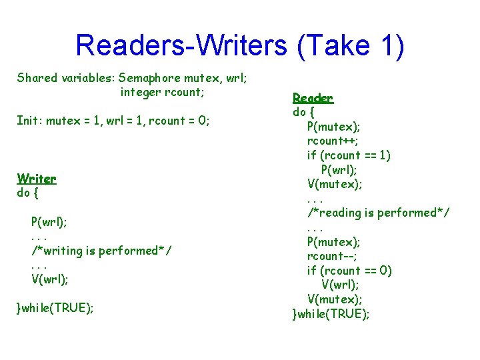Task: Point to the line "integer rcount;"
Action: (162, 92)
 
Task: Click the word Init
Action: (29, 121)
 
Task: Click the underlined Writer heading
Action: (37, 179)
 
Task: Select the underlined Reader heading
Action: (313, 98)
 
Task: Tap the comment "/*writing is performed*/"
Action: (101, 251)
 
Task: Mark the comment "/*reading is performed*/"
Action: (378, 213)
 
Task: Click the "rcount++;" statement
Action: (333, 141)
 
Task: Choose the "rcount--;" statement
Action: (331, 256)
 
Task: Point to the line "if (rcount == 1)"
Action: (349, 155)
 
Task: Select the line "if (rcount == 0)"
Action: (349, 271)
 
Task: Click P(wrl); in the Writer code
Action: (49, 221)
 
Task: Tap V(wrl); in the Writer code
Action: (49, 279)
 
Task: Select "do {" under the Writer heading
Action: (28, 193)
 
